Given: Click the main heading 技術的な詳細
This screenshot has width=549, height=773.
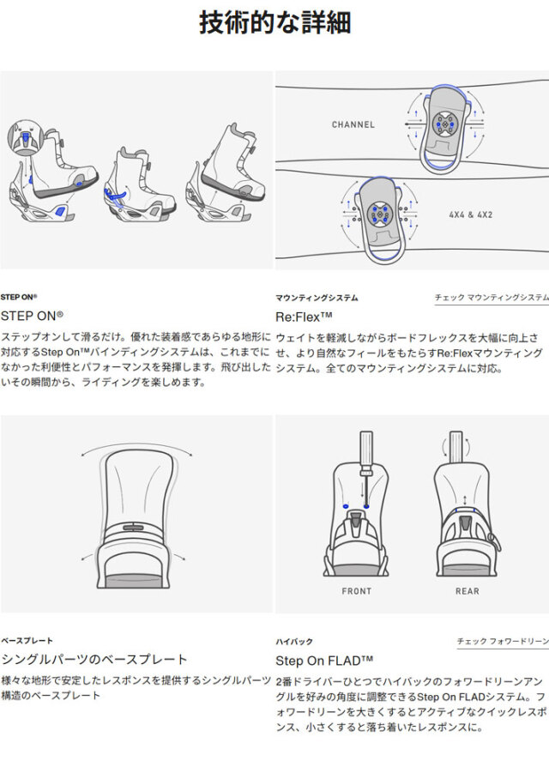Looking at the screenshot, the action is tap(275, 22).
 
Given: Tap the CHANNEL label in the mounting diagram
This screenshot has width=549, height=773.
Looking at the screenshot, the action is tap(353, 124).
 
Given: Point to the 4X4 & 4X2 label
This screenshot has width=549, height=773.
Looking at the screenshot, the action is tap(470, 214).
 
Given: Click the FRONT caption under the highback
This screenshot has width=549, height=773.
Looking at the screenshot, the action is tap(356, 590).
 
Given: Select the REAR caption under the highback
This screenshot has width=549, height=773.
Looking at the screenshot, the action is tap(467, 590).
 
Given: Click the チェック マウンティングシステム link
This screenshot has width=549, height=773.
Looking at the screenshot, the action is tap(492, 297).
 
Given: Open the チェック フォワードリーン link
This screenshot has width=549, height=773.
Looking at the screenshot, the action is tap(503, 641).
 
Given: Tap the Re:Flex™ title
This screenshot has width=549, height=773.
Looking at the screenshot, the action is tap(304, 317).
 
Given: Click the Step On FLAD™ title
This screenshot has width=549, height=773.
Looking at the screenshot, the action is tap(323, 661).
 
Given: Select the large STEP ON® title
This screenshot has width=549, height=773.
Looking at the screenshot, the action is tap(32, 316).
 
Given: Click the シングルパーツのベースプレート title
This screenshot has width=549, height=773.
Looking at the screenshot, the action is tap(94, 659).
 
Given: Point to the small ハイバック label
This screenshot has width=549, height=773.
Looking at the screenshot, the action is tap(294, 642).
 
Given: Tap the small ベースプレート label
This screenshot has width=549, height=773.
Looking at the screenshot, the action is tap(27, 640).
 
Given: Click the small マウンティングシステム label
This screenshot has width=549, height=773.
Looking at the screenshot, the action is tap(317, 298).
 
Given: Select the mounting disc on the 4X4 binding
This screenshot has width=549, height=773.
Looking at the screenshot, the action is tap(378, 214).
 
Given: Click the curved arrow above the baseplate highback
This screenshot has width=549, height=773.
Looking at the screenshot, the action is tap(136, 444).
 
